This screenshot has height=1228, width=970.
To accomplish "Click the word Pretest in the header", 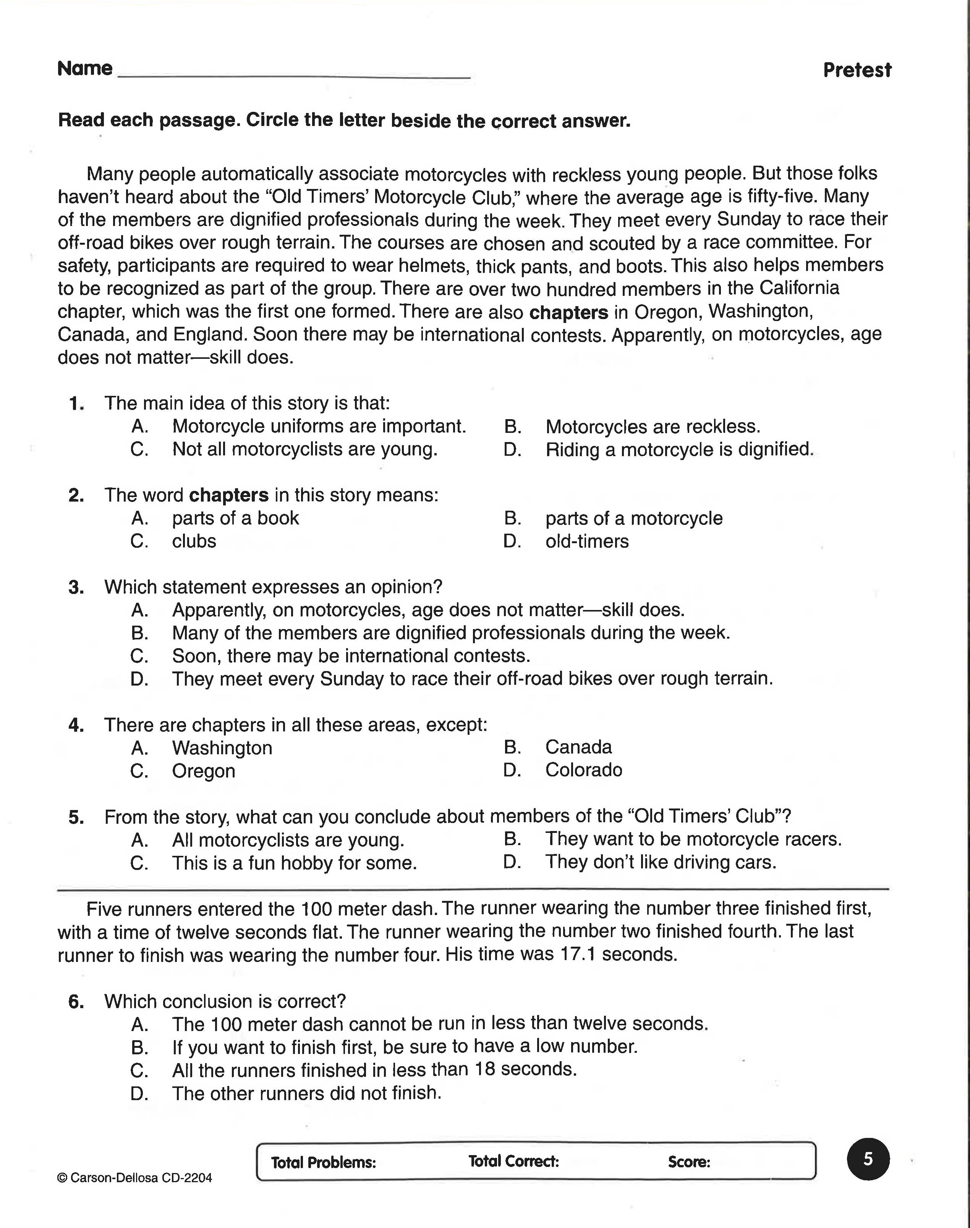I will pos(857,70).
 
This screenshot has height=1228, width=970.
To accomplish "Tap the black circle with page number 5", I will pos(868,1159).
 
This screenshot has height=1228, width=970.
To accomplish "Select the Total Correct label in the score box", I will pos(513,1161).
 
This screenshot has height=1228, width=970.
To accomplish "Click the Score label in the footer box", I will pos(689,1162).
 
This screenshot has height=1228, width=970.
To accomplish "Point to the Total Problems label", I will pos(323,1162).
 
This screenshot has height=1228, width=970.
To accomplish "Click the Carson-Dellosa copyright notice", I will pos(134,1178).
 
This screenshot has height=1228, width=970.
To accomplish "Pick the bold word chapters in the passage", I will pos(568,313).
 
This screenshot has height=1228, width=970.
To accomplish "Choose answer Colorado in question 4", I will pos(583,770).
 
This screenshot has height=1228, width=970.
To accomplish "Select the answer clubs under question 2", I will pos(194,541).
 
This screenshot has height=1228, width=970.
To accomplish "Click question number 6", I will pos(76,1002).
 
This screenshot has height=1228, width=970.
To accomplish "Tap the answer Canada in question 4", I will pos(578,747).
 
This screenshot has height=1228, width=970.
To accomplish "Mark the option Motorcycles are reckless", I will pos(653,426).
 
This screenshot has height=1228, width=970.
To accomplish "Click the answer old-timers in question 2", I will pos(587,541).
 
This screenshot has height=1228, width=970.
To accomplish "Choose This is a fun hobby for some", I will pos(294,863).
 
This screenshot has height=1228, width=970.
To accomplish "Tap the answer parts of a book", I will pos(235,518).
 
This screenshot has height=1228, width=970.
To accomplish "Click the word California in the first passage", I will pos(798,288).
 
